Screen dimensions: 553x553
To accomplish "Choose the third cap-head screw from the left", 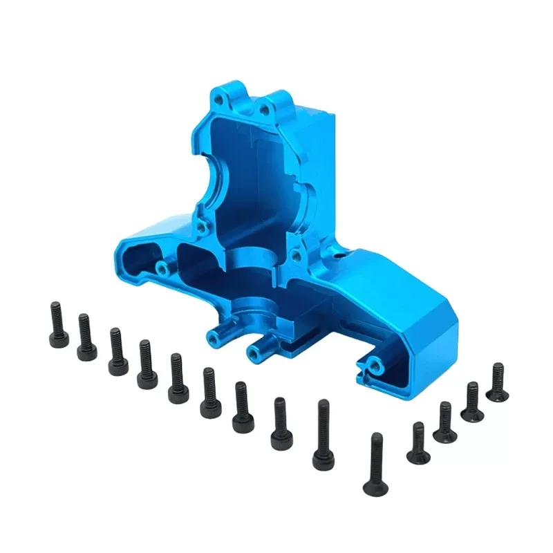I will coord(117,351).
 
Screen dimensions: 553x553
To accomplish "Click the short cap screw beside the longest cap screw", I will coord(281,423).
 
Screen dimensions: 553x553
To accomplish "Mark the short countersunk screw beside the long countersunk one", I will coord(418,444).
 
